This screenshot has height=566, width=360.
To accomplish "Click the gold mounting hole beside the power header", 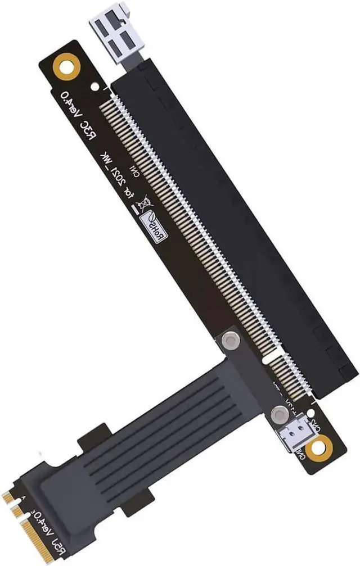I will tap(318, 448).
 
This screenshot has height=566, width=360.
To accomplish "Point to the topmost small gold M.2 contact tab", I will tap(7, 497).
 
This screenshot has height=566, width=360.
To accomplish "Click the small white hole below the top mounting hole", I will tap(94, 87).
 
